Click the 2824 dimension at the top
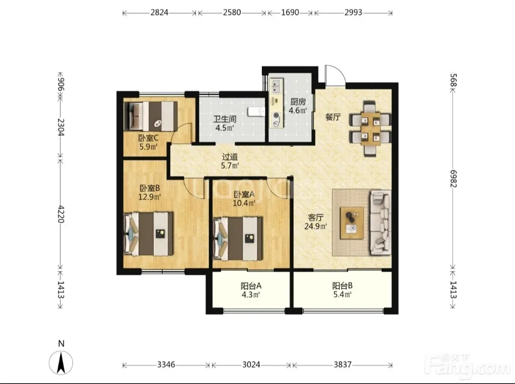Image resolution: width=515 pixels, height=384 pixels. [159, 12]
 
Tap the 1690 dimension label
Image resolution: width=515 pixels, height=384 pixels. [290, 12]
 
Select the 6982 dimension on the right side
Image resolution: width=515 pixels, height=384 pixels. [453, 179]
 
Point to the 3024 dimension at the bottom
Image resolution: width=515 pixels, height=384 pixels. [251, 364]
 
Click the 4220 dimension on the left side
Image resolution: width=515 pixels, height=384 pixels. [61, 214]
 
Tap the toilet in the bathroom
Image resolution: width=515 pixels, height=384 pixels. [257, 111]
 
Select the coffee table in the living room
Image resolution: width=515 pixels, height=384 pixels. [352, 223]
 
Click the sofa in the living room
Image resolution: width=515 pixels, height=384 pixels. [381, 222]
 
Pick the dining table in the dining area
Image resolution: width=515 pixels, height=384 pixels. [371, 128]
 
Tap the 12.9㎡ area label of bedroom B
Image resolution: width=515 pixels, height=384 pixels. [149, 197]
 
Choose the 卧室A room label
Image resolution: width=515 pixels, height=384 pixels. [244, 194]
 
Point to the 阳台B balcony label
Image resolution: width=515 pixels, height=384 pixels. [342, 285]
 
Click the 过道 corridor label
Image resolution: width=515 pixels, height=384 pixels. [230, 157]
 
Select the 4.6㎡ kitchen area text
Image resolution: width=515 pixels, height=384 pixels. [298, 110]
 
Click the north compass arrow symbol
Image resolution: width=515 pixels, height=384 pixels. [61, 363]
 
